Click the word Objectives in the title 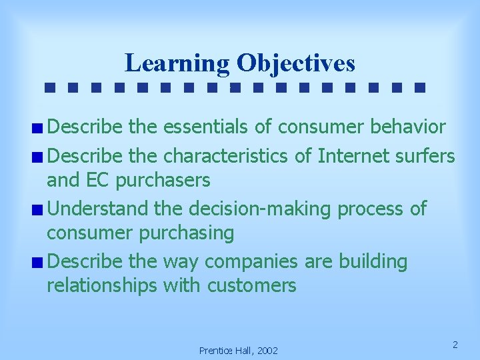pos(295,63)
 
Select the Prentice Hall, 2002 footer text pos(239,351)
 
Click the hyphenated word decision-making pos(261,209)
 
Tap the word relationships pos(102,286)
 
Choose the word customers pos(251,286)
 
